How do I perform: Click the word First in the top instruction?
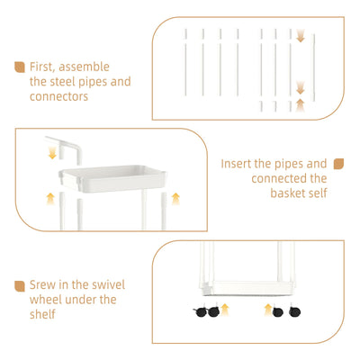tap(41, 67)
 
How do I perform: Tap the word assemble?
tap(84, 67)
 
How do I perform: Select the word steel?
tap(63, 82)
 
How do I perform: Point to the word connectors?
tap(58, 96)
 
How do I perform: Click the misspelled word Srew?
tap(42, 284)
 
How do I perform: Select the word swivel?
tap(108, 284)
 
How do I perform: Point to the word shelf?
tap(42, 314)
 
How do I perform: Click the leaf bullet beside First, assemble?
tap(20, 67)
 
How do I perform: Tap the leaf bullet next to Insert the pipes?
tap(338, 164)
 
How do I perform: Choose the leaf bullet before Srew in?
tap(20, 286)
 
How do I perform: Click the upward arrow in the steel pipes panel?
tap(300, 105)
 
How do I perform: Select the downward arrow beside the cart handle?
tap(52, 152)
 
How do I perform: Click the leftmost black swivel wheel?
tap(200, 312)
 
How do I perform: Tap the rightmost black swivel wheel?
tap(294, 311)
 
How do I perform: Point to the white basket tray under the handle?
tap(112, 178)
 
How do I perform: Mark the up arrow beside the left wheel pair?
tap(225, 310)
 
